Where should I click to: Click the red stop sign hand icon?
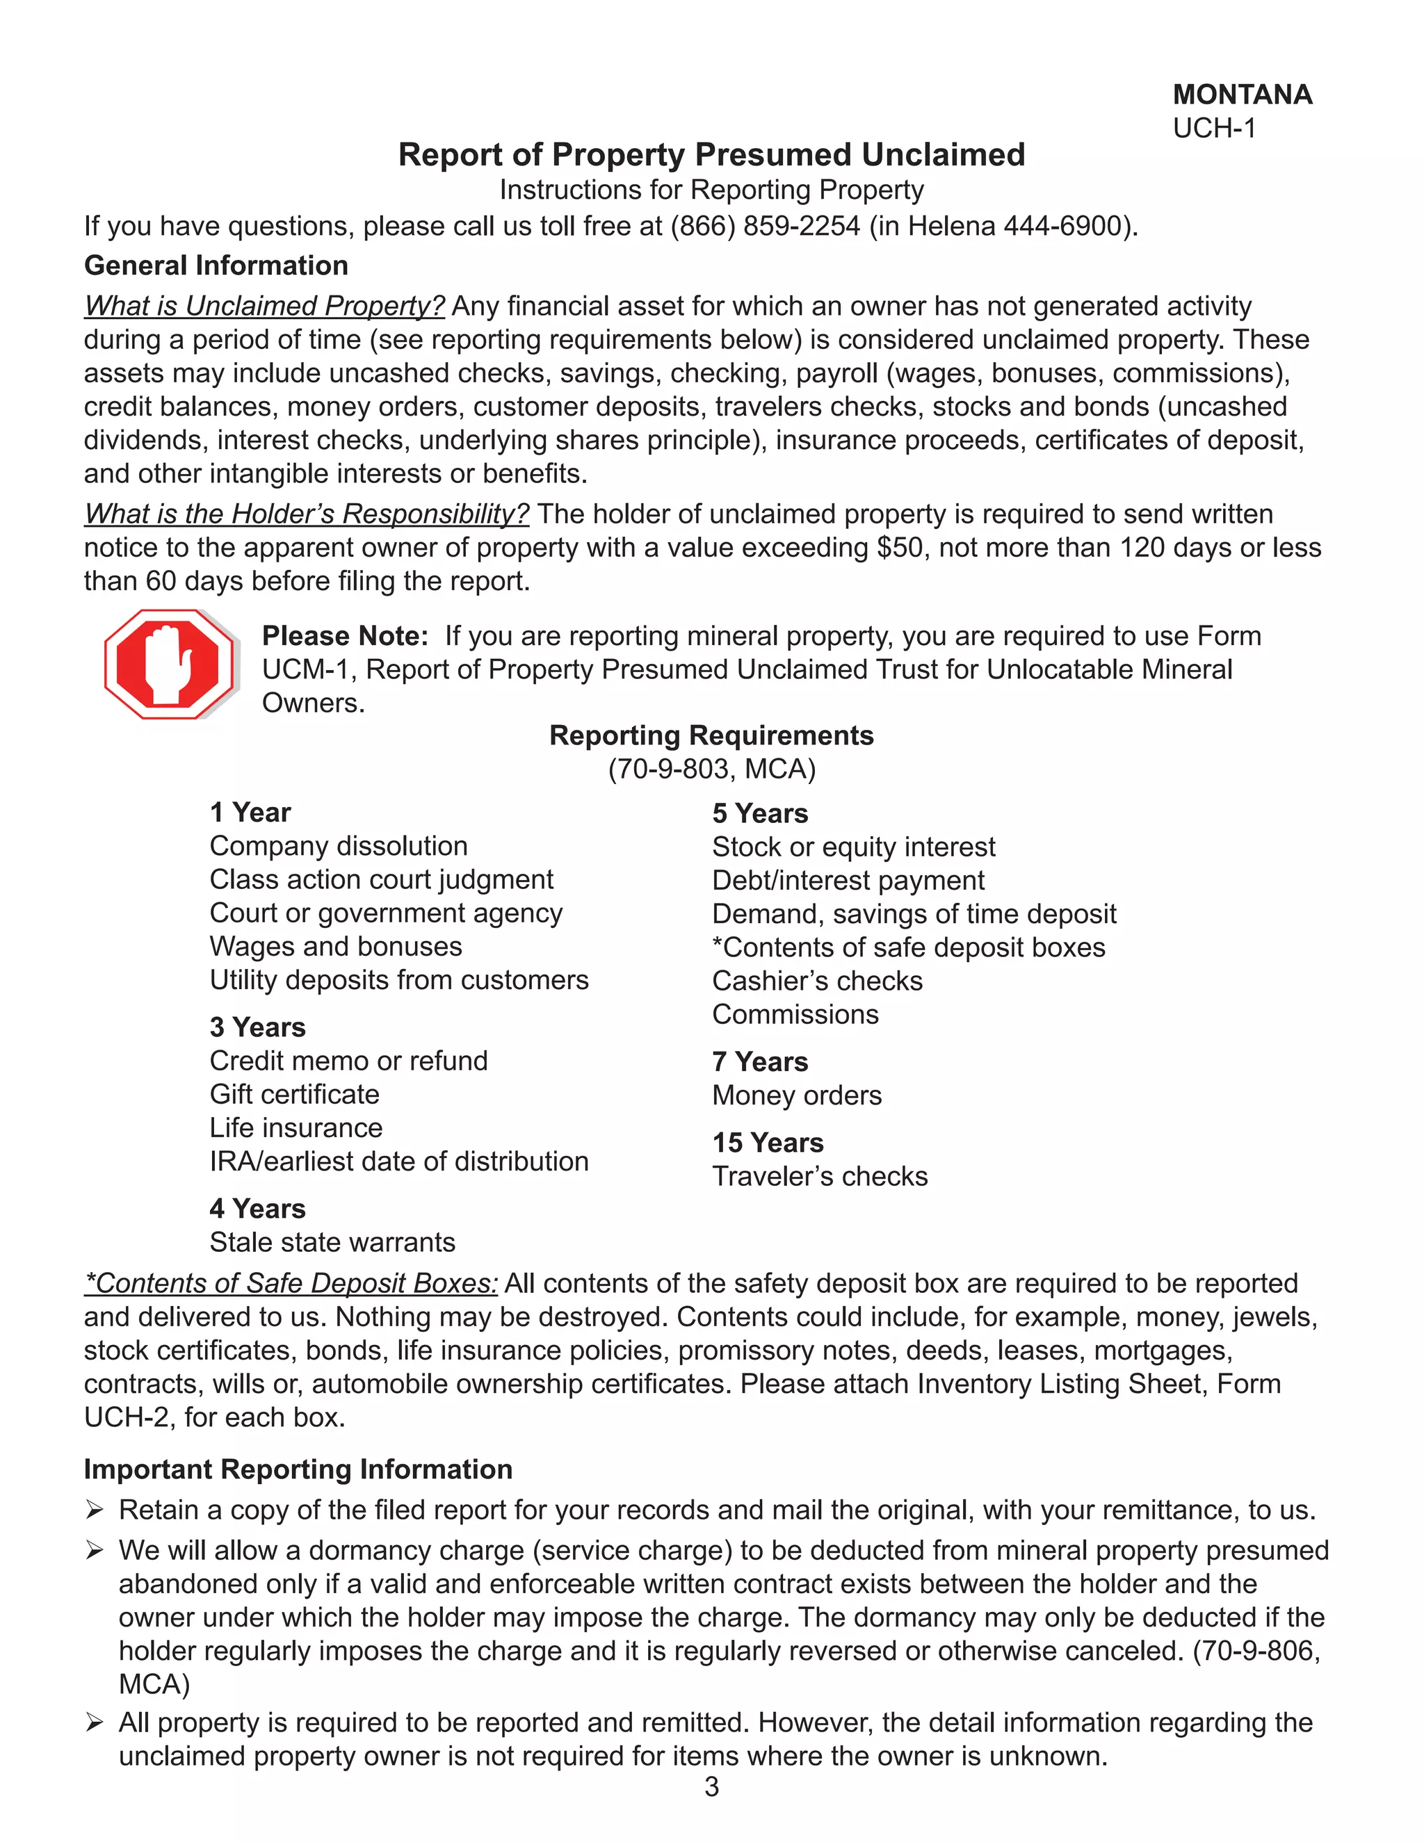coord(170,664)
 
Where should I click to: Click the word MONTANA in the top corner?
coord(1242,95)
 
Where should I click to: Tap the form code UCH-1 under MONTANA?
coord(1214,128)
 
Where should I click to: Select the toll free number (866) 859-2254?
coord(764,226)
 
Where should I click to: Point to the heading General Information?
coord(216,266)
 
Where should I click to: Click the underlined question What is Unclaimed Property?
coord(264,306)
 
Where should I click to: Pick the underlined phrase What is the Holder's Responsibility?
coord(306,514)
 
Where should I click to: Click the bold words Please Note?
coord(345,636)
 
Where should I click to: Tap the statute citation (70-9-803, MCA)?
coord(711,769)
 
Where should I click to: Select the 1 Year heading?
coord(250,812)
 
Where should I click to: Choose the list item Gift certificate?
coord(294,1094)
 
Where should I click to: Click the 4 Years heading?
coord(257,1209)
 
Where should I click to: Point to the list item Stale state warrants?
coord(332,1242)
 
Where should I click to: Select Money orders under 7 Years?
coord(796,1095)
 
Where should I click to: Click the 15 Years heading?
coord(768,1143)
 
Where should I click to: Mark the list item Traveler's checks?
coord(819,1177)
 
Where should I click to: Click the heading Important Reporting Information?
coord(298,1469)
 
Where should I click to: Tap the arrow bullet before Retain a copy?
coord(95,1510)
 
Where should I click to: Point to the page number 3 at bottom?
coord(711,1787)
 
